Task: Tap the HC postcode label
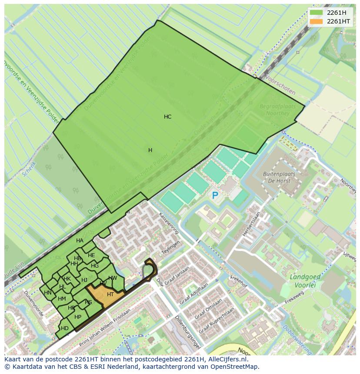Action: tap(167, 117)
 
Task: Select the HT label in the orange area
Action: tap(110, 295)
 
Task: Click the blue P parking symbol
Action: tap(215, 196)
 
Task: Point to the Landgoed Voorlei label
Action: tap(305, 281)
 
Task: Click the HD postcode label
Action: tap(65, 328)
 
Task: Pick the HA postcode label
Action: tap(80, 241)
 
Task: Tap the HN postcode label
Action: tap(48, 293)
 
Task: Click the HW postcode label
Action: tap(113, 278)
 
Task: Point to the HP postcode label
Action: tap(78, 317)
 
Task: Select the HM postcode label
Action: tap(62, 299)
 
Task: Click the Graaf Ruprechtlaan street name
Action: tap(216, 321)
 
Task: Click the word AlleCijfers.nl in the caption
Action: tap(227, 360)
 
